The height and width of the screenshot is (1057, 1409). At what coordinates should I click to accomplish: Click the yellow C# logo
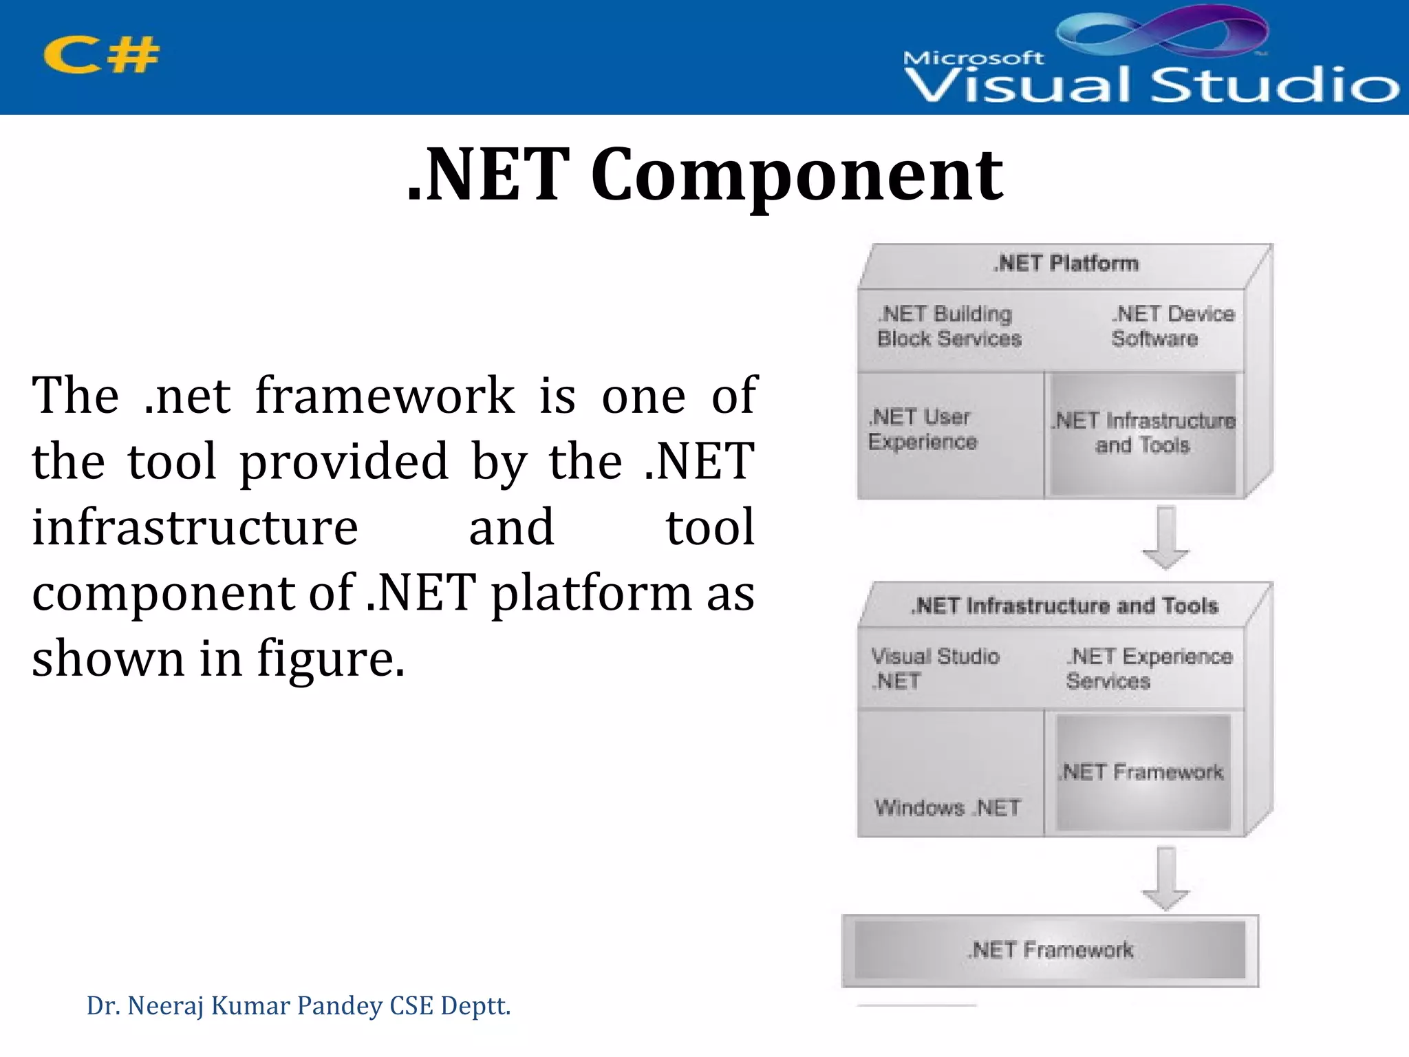pyautogui.click(x=101, y=55)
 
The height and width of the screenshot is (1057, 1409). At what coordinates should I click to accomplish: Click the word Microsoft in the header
pyautogui.click(x=973, y=58)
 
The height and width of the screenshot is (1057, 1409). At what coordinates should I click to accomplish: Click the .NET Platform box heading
pyautogui.click(x=1066, y=264)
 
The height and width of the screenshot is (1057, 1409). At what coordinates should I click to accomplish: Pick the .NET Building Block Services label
pyautogui.click(x=949, y=326)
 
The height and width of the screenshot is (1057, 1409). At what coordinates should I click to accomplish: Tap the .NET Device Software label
pyautogui.click(x=1172, y=326)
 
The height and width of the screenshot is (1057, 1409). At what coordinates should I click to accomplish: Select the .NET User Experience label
pyautogui.click(x=922, y=429)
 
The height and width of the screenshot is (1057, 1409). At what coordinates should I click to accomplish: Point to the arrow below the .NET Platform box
pyautogui.click(x=1165, y=537)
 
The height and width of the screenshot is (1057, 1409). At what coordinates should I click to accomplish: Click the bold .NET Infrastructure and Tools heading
pyautogui.click(x=1064, y=606)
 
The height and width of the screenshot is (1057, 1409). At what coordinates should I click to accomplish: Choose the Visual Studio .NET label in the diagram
pyautogui.click(x=935, y=668)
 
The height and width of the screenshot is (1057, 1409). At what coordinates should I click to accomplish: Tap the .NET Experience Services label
pyautogui.click(x=1148, y=668)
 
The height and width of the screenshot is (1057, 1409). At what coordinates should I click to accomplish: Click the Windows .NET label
pyautogui.click(x=947, y=807)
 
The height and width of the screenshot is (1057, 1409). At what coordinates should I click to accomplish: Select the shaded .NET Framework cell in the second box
pyautogui.click(x=1143, y=772)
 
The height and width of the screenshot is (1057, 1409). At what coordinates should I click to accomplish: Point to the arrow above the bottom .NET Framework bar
pyautogui.click(x=1165, y=879)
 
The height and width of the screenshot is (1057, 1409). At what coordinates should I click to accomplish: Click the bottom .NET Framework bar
pyautogui.click(x=1050, y=950)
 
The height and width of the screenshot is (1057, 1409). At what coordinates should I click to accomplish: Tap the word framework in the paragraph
pyautogui.click(x=385, y=396)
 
